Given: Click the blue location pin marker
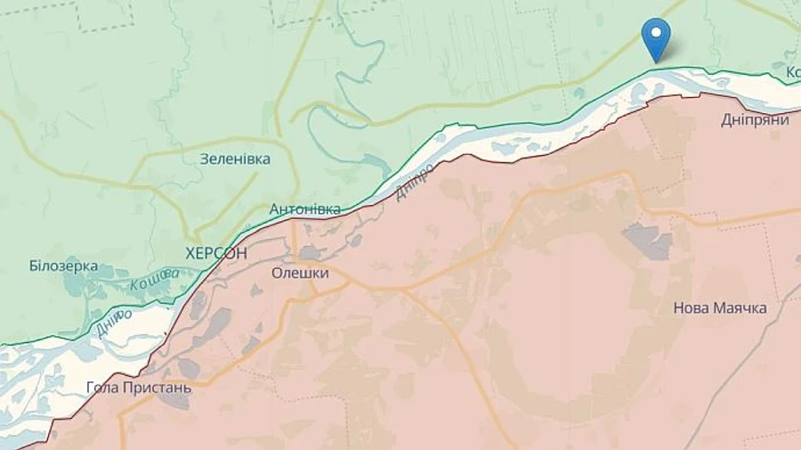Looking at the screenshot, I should (x=656, y=37).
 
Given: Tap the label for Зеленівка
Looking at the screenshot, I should (x=235, y=159).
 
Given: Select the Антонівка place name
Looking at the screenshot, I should (x=304, y=209).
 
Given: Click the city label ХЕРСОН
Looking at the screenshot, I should (x=216, y=253).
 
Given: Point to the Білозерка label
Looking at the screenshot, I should (x=63, y=266).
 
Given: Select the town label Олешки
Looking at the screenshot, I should (x=299, y=274).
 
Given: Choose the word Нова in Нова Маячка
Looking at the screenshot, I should (x=691, y=308).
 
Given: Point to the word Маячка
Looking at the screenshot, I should (x=740, y=308).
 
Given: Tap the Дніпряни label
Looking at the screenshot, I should (x=755, y=120).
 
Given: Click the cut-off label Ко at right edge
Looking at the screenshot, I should (x=791, y=71).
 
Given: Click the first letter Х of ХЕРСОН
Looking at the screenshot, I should (x=190, y=253).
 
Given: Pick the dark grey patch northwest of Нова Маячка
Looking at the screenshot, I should (x=647, y=241).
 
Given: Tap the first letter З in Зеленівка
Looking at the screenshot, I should (x=205, y=159).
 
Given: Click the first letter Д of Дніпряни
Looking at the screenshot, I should (x=726, y=120).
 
